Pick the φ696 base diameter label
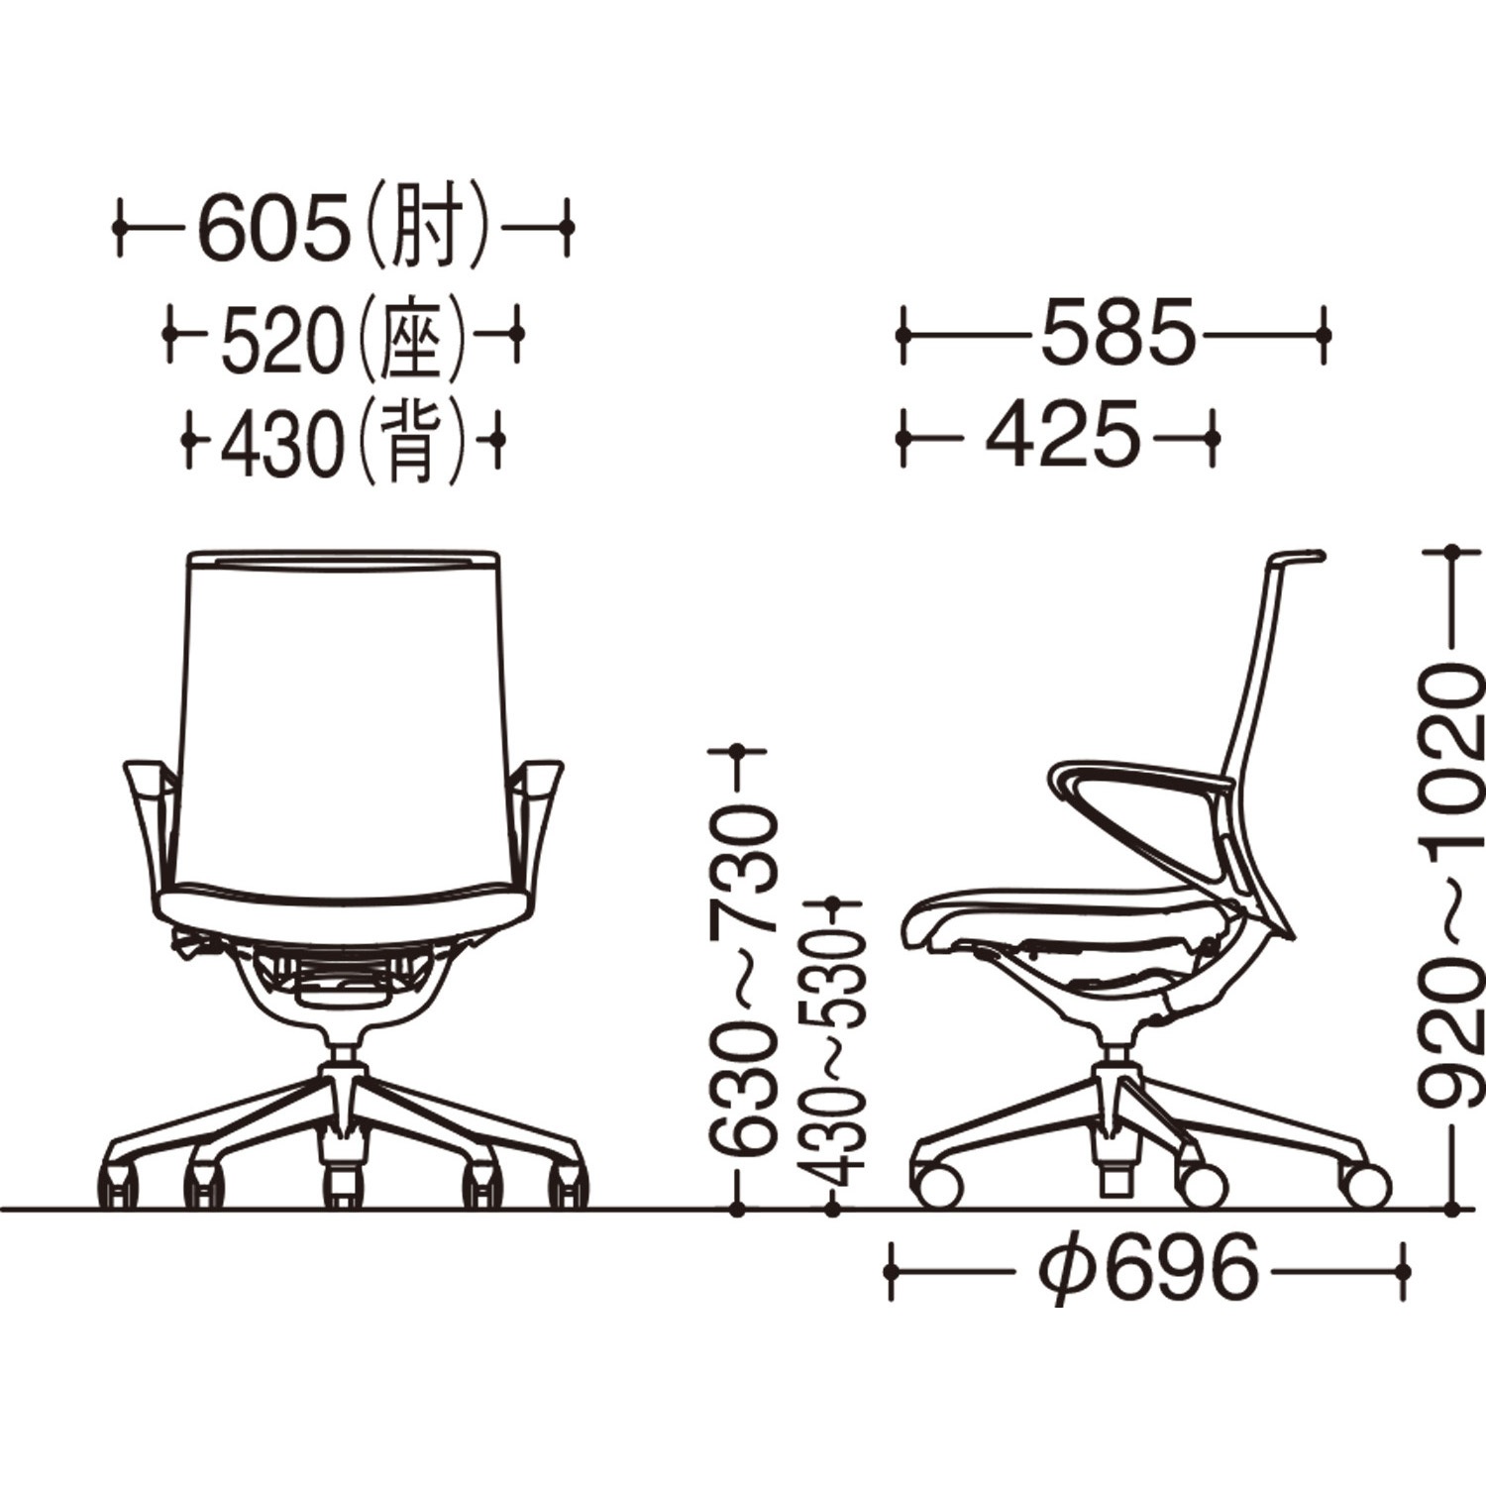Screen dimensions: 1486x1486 pyautogui.click(x=1148, y=1269)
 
